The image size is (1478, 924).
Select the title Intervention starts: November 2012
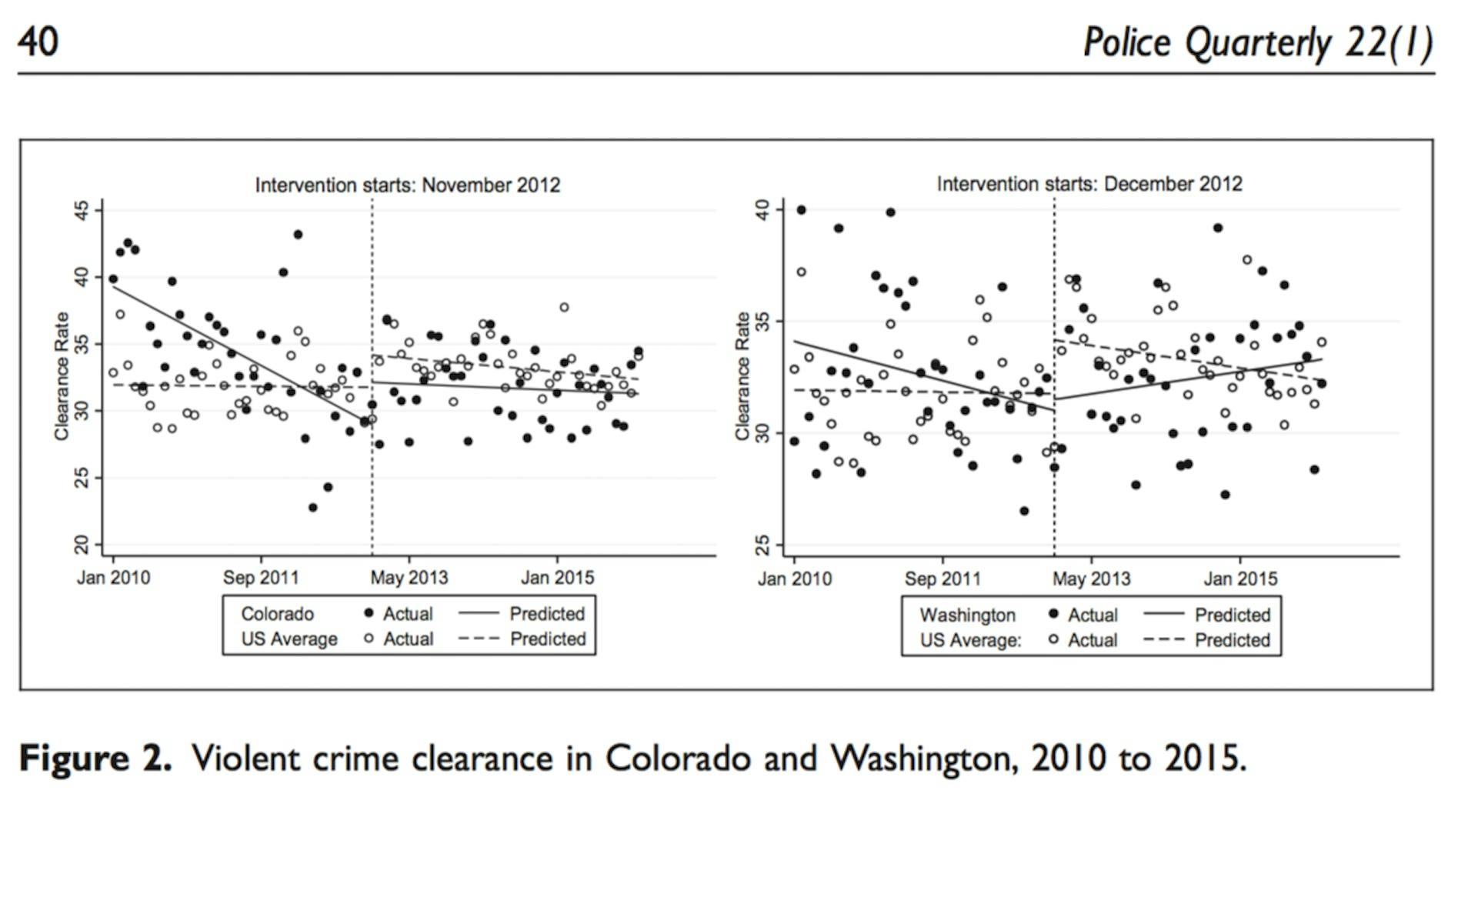(407, 185)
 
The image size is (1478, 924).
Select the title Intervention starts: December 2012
(1089, 184)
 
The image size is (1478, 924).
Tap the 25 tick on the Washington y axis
(762, 545)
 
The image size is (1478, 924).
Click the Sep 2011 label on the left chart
(260, 578)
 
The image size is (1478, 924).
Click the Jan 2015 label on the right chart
(1239, 579)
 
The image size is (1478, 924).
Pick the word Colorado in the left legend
(277, 614)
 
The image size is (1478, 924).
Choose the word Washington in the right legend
(967, 615)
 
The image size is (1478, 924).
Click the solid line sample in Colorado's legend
(479, 613)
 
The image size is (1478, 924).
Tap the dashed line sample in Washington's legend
(1163, 640)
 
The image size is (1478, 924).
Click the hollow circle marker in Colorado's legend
(369, 639)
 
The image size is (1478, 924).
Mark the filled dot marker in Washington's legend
(1053, 614)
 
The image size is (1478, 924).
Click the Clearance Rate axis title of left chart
(62, 376)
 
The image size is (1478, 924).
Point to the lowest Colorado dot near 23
(312, 508)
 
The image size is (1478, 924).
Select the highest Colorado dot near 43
(298, 235)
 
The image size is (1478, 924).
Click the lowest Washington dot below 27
(1023, 511)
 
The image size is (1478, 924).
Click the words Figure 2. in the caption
(95, 759)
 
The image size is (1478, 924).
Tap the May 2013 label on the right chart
(1091, 579)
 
